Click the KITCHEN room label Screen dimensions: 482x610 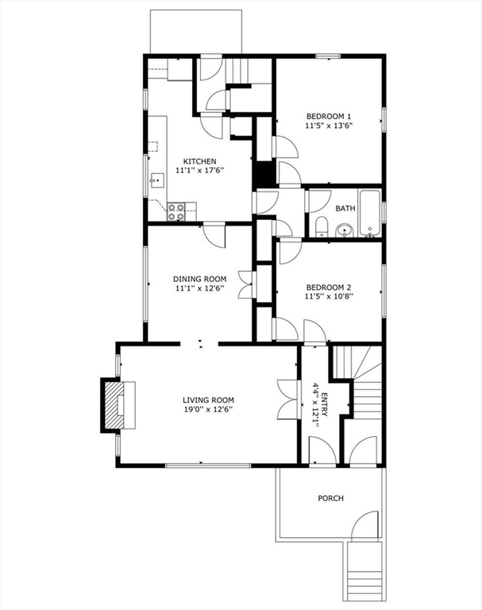199,161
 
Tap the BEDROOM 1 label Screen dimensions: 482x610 329,116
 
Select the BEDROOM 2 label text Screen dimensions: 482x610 329,288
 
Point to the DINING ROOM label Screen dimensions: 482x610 199,279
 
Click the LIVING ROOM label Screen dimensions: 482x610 209,400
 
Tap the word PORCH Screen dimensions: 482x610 330,498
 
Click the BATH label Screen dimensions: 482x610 345,209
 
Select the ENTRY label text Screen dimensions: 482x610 325,405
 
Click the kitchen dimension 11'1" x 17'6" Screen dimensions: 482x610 199,171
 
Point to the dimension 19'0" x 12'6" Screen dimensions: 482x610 209,409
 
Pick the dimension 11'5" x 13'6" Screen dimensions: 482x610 329,125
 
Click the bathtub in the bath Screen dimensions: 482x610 370,212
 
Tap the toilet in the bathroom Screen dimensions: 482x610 322,227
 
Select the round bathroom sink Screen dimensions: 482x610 345,230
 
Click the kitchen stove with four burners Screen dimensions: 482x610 176,211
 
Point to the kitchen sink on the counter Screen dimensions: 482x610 158,180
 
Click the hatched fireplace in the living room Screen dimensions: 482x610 114,405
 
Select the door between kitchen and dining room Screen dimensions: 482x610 214,234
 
